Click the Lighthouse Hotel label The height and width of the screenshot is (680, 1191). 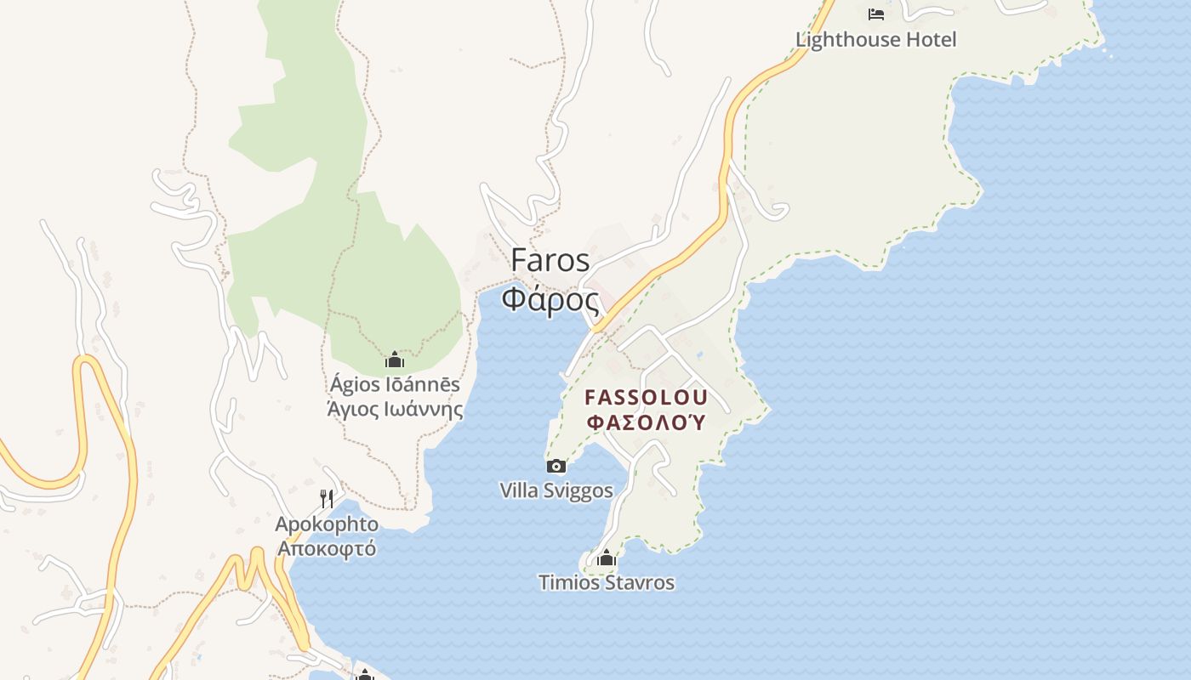pos(875,40)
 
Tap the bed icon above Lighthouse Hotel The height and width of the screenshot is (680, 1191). pos(875,14)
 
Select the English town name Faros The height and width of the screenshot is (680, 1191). pos(550,260)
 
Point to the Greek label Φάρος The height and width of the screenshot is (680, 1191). pos(550,299)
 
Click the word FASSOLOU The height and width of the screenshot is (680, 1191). pos(647,397)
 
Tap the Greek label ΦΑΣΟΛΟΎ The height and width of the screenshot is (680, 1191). pos(647,422)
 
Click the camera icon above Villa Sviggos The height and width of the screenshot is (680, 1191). pos(556,466)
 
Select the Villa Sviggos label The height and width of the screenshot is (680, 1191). pos(556,490)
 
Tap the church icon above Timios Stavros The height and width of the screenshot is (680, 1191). pos(606,558)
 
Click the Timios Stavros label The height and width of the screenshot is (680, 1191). pos(606,583)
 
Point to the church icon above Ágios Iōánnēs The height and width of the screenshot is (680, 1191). pos(394,360)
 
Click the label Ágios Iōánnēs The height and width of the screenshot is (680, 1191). pos(395,384)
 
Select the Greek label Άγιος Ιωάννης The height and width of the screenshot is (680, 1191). pos(395,410)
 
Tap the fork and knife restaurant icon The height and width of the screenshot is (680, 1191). pos(327,498)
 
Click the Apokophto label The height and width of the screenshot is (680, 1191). pos(327,524)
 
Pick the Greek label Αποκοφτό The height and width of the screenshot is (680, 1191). pos(327,548)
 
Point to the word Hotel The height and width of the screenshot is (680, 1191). pos(933,40)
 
